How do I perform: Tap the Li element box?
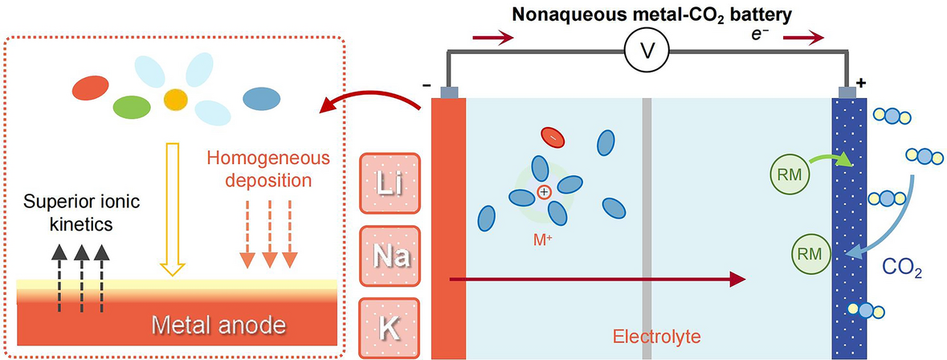point(390,186)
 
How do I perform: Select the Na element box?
point(390,256)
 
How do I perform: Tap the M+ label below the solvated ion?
point(543,239)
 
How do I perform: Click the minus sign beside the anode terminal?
point(425,84)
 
